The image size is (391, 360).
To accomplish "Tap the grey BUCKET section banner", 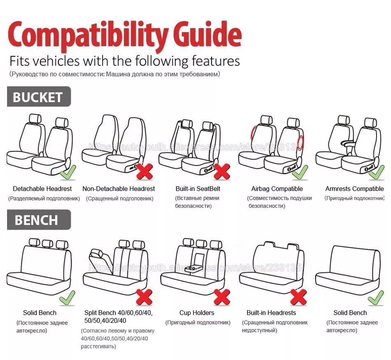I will [38, 97].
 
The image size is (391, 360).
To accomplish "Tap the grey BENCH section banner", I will [38, 220].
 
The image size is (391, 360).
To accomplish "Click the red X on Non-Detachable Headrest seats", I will [144, 171].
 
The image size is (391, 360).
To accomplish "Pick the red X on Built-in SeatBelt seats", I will [222, 171].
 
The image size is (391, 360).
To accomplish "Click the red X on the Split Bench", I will [144, 297].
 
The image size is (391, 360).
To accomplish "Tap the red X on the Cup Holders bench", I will [222, 297].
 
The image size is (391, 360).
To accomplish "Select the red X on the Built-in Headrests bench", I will [298, 297].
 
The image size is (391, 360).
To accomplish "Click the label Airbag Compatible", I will [277, 189].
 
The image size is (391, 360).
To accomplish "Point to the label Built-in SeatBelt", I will [198, 189].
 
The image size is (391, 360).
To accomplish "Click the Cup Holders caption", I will [197, 313].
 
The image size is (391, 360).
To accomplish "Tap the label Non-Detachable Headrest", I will [119, 189].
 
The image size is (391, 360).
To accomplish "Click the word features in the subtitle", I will [216, 61].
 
